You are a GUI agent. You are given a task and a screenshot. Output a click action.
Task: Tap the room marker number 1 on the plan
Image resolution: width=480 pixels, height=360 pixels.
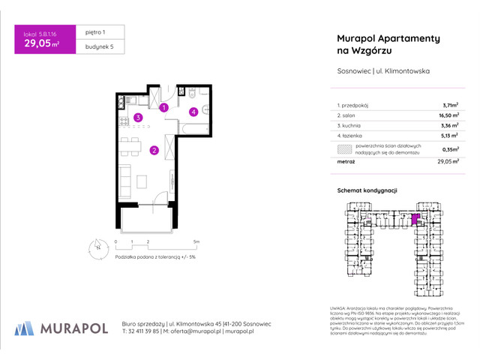click(x=163, y=108)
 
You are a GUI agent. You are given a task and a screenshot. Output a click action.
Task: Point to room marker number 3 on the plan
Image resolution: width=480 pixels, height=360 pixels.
click(x=138, y=117)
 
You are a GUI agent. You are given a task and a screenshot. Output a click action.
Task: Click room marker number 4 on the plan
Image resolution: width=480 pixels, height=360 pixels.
click(x=193, y=112)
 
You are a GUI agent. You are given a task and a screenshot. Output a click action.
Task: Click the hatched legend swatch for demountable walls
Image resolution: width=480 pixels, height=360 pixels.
click(x=344, y=148)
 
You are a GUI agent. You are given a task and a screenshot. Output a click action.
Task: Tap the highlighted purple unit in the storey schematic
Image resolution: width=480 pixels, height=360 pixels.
click(x=416, y=220)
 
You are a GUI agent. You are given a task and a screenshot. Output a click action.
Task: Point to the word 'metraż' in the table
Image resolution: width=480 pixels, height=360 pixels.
click(x=346, y=161)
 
